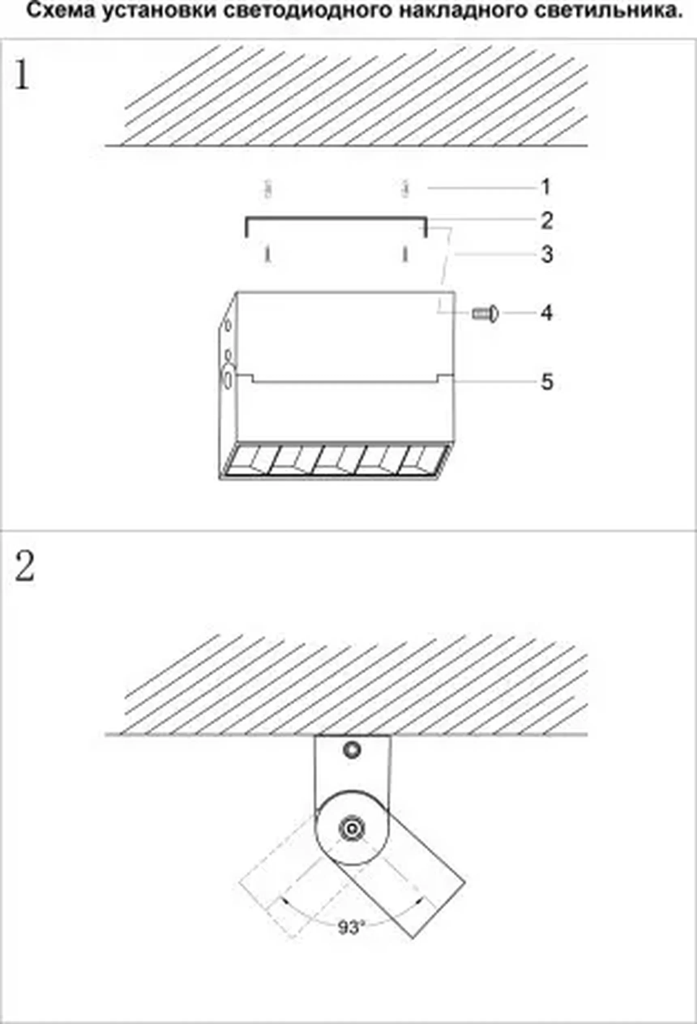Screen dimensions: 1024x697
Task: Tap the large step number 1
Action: click(21, 75)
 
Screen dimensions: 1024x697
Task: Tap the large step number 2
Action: click(24, 567)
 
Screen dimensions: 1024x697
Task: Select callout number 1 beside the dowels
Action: click(546, 187)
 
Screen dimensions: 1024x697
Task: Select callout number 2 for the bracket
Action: click(546, 220)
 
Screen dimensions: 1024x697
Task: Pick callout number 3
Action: click(547, 254)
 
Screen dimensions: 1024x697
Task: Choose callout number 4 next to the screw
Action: click(546, 313)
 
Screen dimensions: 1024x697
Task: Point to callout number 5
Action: click(547, 382)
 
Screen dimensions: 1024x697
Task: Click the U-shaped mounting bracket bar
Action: click(335, 218)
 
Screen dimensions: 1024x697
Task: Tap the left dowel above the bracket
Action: click(267, 189)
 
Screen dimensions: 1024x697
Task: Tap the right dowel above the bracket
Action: click(406, 189)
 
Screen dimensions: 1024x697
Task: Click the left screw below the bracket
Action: click(267, 254)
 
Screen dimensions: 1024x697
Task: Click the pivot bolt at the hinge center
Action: click(352, 828)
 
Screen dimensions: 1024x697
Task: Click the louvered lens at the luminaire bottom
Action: click(335, 461)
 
